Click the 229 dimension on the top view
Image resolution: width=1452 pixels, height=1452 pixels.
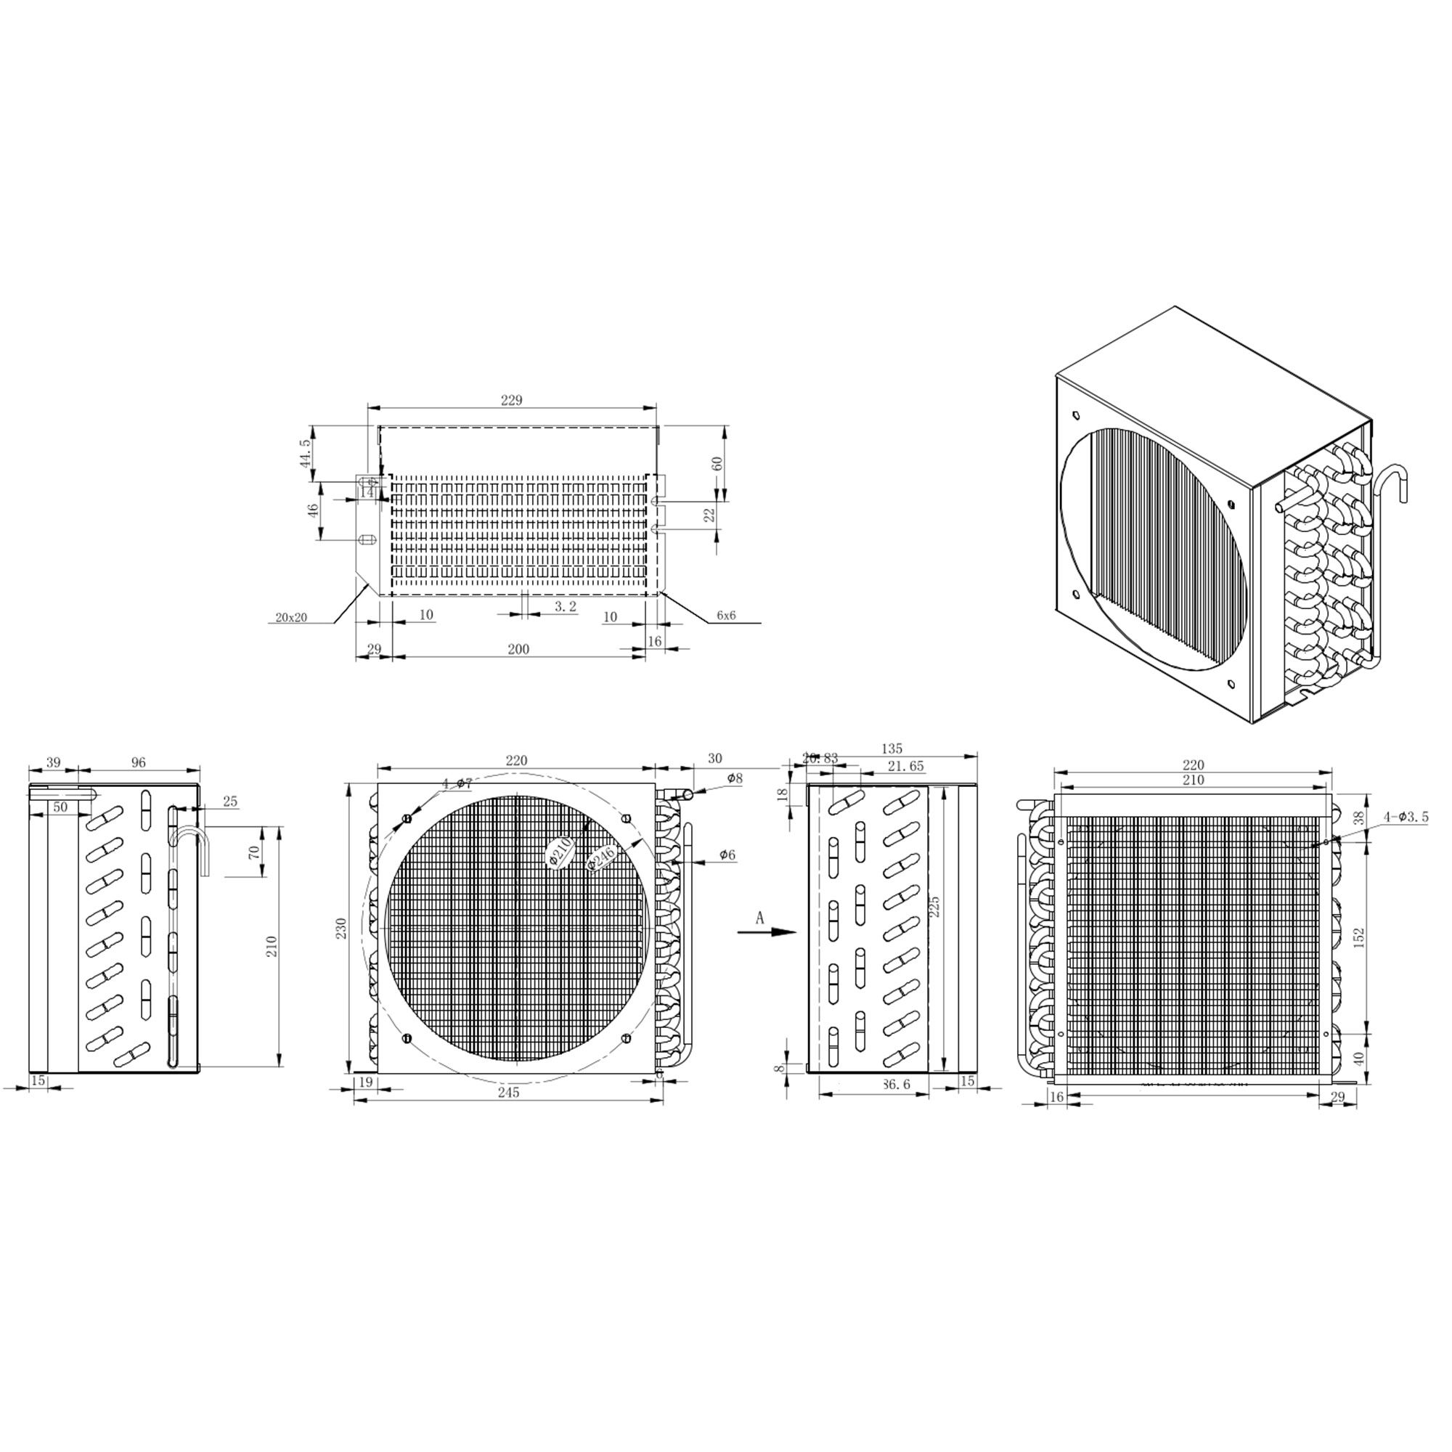(x=511, y=401)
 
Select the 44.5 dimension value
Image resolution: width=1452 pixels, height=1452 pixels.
(x=304, y=453)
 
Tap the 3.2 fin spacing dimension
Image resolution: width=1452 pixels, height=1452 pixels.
(x=565, y=606)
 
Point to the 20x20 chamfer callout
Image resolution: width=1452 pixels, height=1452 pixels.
(x=291, y=618)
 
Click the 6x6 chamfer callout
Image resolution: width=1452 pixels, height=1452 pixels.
(x=726, y=616)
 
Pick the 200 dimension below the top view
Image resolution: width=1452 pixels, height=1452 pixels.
(x=518, y=649)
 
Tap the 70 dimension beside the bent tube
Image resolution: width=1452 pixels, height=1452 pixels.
(x=254, y=852)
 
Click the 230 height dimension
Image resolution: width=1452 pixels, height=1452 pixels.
(x=341, y=928)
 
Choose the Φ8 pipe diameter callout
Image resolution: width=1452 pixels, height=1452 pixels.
(x=734, y=778)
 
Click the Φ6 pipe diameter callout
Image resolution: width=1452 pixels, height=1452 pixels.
(x=727, y=855)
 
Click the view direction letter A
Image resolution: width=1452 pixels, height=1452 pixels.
(x=760, y=918)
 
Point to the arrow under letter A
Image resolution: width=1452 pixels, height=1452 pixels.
(x=766, y=933)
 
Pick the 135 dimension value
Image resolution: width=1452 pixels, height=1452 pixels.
(x=892, y=749)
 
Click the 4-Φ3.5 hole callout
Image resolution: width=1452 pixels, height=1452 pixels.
(x=1404, y=817)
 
